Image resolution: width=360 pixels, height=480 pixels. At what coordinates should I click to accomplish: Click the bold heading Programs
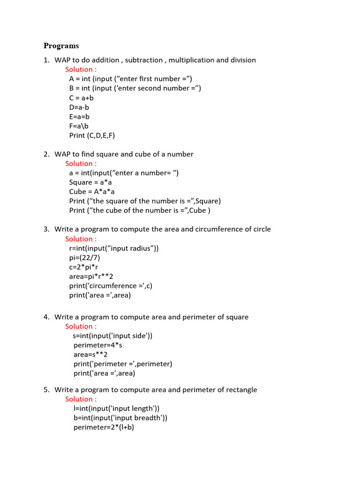61,46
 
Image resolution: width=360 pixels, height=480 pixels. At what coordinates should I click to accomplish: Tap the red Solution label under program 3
81,239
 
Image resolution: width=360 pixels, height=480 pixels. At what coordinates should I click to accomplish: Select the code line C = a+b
82,98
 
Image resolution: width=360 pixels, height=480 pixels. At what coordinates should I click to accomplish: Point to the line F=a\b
79,126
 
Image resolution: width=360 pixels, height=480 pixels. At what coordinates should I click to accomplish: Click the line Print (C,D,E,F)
92,135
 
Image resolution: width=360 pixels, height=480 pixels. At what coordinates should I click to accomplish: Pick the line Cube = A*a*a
92,192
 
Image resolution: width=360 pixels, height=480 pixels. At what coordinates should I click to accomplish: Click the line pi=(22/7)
84,258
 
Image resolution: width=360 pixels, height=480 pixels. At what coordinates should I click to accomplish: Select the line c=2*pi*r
84,267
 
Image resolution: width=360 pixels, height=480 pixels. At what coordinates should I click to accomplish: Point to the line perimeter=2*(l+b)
104,427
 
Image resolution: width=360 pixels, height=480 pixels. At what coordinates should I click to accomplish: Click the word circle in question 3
261,229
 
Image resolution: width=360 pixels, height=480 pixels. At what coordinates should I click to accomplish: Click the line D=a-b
79,107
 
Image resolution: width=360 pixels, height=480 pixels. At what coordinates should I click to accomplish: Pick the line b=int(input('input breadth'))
120,418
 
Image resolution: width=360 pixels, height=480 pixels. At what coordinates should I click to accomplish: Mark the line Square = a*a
90,182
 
